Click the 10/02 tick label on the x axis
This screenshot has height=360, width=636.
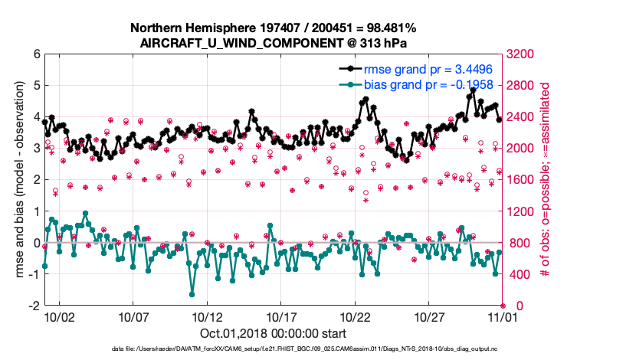click(59, 316)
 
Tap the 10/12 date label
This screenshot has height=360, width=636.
click(207, 316)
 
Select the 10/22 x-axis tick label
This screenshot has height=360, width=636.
click(356, 316)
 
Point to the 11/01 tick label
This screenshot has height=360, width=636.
click(503, 316)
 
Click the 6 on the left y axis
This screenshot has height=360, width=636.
click(35, 54)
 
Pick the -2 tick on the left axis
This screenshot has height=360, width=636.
click(33, 306)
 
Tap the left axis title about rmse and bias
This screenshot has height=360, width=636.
click(16, 180)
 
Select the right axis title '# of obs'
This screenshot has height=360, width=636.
click(546, 180)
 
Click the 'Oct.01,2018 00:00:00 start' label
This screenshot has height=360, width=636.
click(273, 333)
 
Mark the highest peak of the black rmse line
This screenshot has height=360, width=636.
click(474, 90)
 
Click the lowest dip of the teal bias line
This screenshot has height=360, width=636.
click(192, 294)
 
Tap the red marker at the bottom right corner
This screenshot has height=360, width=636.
click(503, 306)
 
